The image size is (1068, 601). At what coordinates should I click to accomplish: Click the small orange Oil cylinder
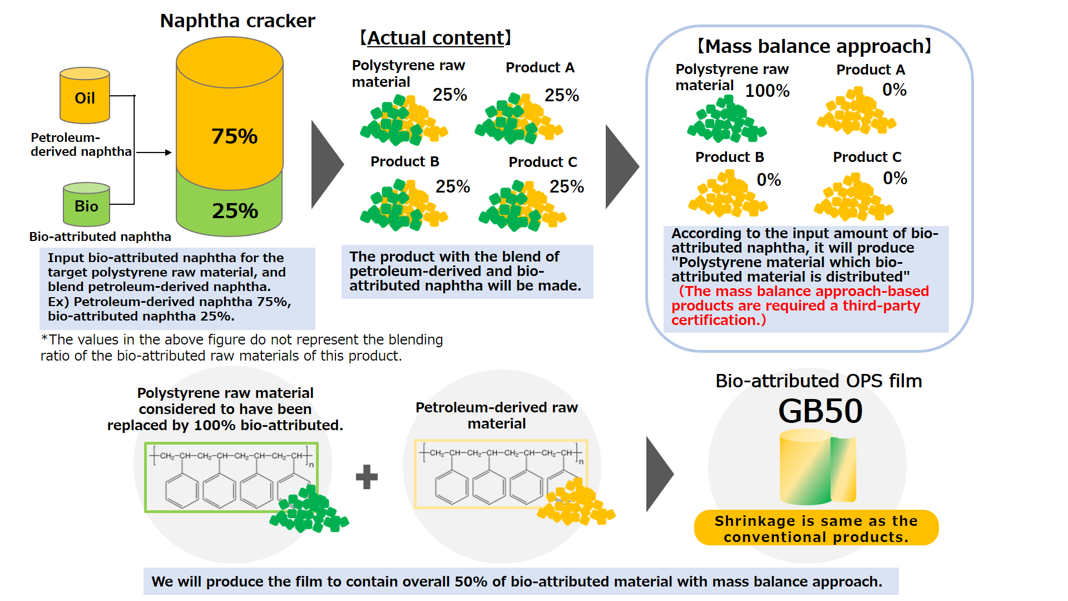(x=85, y=96)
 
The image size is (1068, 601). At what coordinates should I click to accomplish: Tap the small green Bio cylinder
(x=86, y=204)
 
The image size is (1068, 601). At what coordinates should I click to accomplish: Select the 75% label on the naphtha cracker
(x=234, y=136)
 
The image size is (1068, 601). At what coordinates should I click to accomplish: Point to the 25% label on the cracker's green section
(x=235, y=211)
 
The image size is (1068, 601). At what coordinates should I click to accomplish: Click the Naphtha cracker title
(x=238, y=21)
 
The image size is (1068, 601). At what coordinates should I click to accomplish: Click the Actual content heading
(x=436, y=38)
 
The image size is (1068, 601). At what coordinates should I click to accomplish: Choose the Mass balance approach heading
(x=814, y=46)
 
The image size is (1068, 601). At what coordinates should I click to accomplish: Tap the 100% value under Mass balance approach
(x=767, y=91)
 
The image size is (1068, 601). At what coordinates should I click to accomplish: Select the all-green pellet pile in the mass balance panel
(x=726, y=121)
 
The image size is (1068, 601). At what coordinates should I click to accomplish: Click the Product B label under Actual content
(x=405, y=162)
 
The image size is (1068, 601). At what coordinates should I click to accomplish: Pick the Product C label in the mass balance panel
(x=867, y=157)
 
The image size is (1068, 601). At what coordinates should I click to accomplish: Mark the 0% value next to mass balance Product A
(x=894, y=90)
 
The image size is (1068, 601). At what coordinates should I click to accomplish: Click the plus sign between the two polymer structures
(x=367, y=477)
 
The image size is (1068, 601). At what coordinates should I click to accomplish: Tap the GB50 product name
(x=820, y=411)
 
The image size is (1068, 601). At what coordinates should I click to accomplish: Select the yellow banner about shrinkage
(x=816, y=529)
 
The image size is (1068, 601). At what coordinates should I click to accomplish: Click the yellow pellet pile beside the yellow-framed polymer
(x=576, y=504)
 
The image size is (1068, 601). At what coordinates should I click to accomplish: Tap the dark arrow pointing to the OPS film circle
(x=660, y=474)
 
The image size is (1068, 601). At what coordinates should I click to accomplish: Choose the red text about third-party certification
(x=799, y=306)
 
